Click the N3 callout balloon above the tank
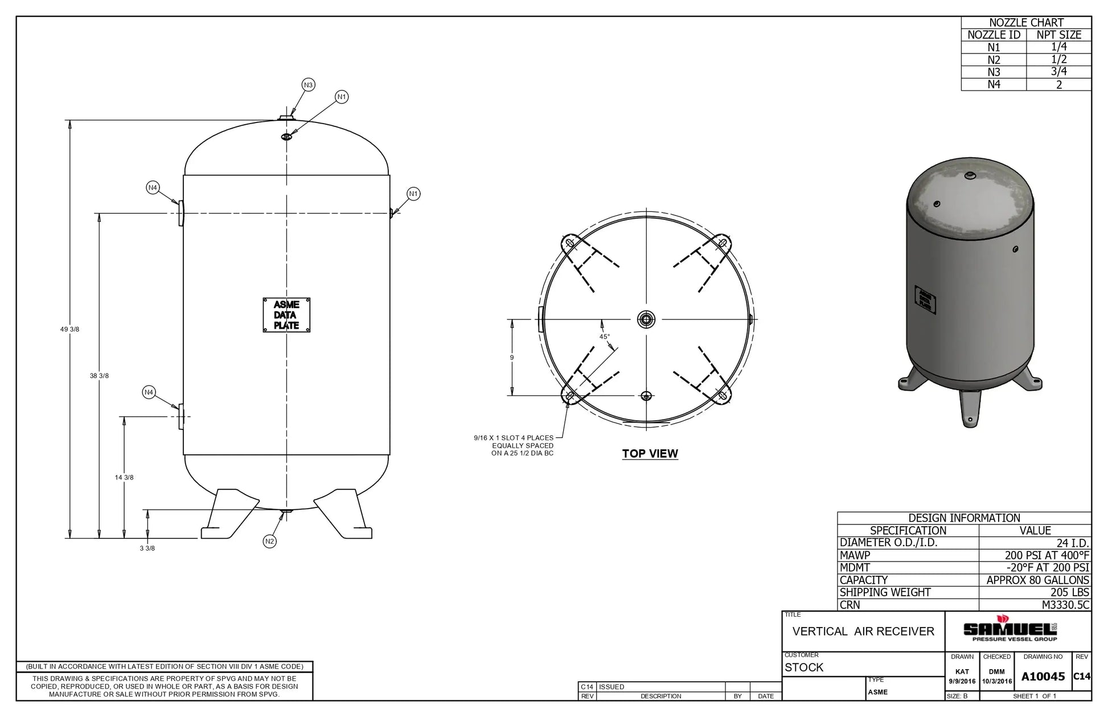308,85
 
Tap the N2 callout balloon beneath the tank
270,542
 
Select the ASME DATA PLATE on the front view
286,315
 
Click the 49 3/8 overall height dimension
69,330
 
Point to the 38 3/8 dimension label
99,376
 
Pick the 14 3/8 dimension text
124,478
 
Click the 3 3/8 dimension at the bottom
147,548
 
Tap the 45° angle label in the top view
604,337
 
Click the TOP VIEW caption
650,454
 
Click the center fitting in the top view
646,319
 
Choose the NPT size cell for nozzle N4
1058,84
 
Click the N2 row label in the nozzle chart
994,60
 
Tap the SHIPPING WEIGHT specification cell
885,592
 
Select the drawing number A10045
1043,677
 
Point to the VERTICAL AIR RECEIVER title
863,632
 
